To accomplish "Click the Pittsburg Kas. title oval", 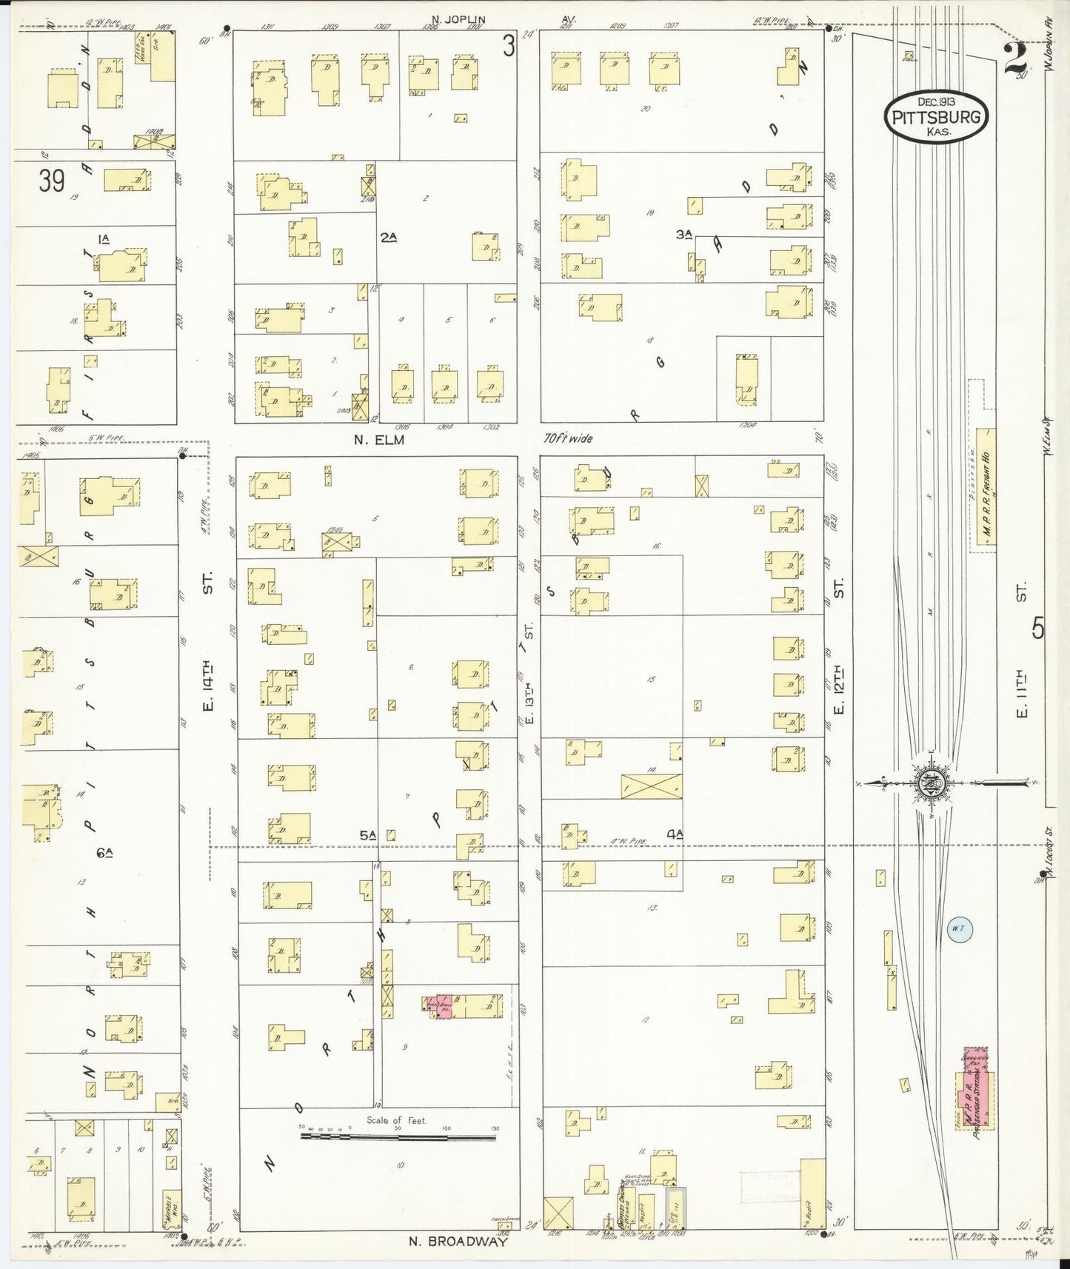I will coord(937,118).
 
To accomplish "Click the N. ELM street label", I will coord(381,439).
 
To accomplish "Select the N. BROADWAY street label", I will coord(458,1242).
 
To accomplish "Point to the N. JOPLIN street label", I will coord(459,20).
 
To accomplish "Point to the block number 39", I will coord(52,181).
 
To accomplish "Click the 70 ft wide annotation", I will coord(568,439).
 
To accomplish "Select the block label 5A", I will coord(368,835).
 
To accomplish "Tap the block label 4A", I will coord(674,834).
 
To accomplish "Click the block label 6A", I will coord(104,853).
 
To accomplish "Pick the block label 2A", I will coord(389,237).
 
